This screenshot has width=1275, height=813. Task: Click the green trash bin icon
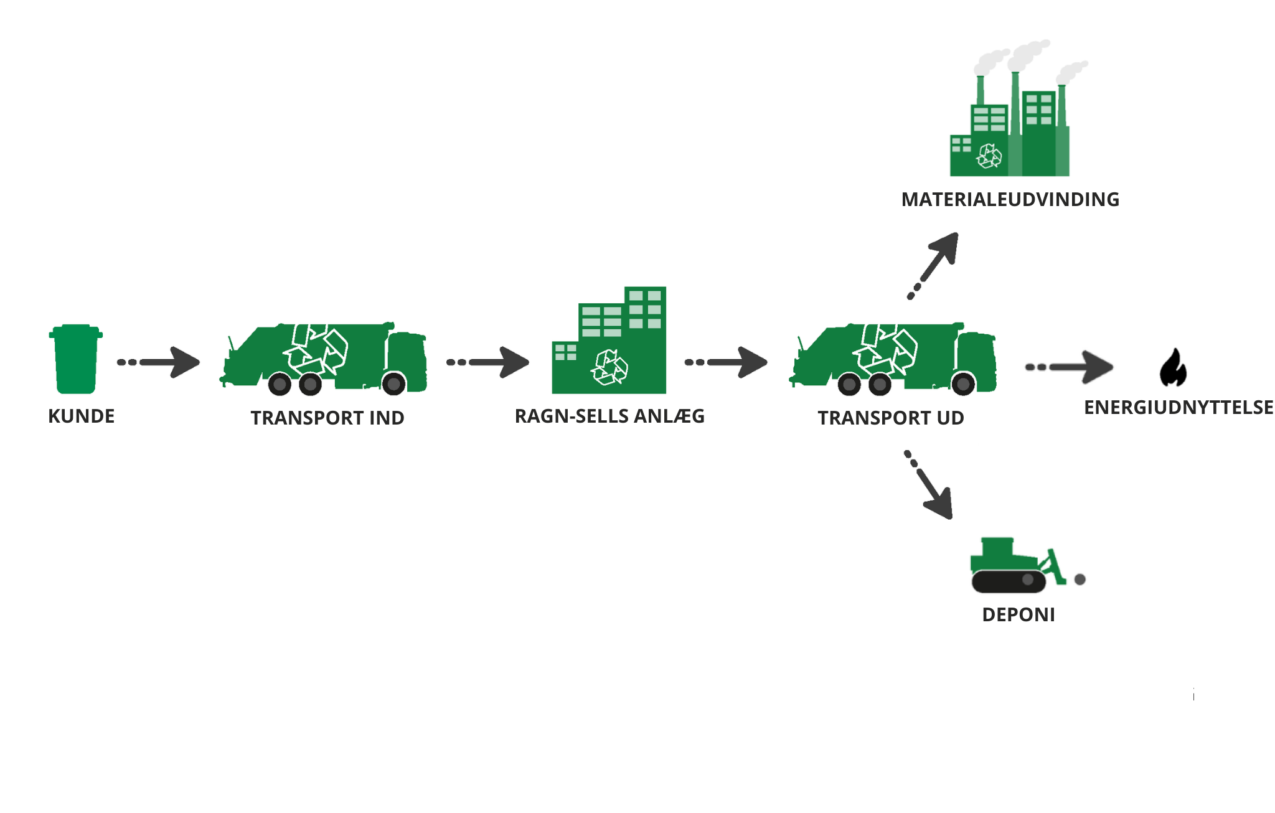[76, 359]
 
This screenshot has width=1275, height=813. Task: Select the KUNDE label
[82, 416]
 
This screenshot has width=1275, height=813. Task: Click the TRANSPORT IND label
[327, 418]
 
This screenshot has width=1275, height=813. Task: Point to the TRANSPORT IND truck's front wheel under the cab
[394, 384]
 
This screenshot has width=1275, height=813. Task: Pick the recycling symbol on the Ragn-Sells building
[609, 367]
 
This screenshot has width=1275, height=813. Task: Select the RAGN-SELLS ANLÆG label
[609, 416]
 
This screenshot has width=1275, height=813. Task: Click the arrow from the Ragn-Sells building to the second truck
[728, 362]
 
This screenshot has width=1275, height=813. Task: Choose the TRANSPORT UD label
[891, 418]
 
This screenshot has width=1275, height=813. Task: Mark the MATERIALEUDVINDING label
[1010, 199]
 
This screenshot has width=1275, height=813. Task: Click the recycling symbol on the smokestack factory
[989, 156]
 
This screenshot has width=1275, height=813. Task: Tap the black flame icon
[1173, 368]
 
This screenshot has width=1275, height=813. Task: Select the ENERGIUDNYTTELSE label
[1179, 407]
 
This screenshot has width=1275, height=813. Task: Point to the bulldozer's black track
[1009, 581]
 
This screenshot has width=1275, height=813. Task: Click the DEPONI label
[1019, 614]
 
